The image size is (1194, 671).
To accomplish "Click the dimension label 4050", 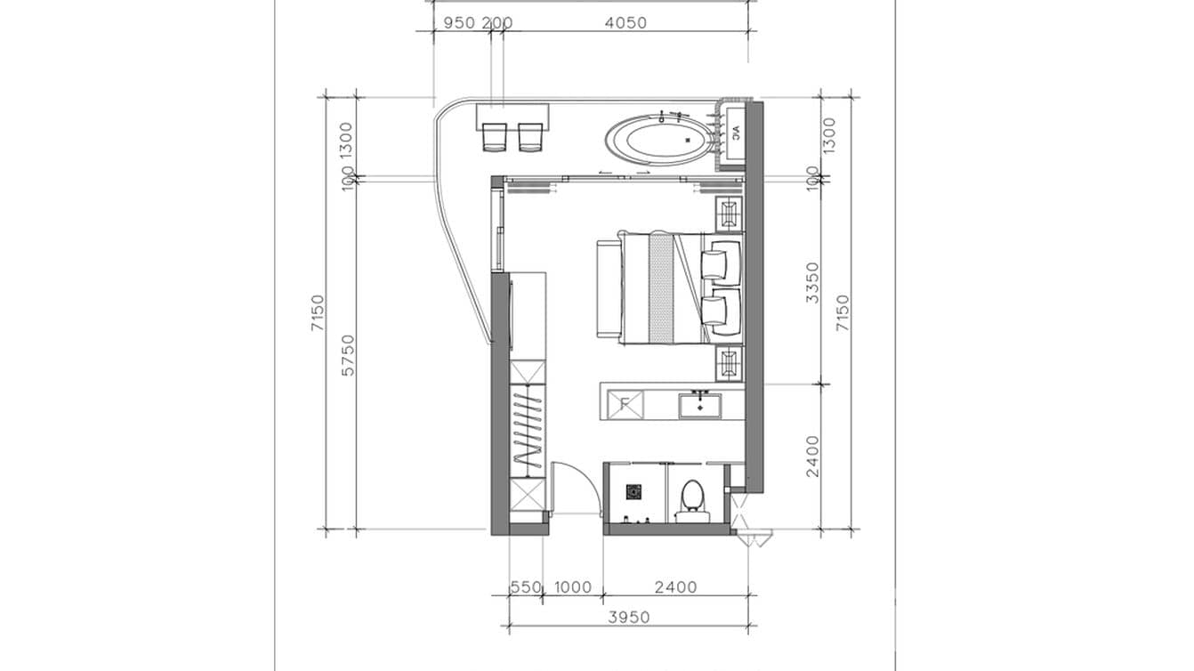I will (625, 23).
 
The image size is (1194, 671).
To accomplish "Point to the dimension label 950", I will (459, 23).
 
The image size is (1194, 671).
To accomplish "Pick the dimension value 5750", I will (348, 354).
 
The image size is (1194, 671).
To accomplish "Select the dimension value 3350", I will (812, 282).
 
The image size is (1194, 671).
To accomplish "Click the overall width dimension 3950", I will (628, 617).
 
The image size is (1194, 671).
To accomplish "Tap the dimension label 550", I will (525, 587).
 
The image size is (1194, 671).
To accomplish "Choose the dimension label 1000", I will (572, 587).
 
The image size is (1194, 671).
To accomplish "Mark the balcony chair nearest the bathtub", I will (531, 137).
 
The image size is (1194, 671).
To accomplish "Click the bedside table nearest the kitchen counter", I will (729, 363).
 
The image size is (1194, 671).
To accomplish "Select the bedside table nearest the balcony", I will (729, 214).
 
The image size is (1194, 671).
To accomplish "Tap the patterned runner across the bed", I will (660, 287).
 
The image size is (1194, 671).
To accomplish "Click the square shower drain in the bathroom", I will (633, 490).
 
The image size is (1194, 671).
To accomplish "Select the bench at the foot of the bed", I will (605, 287).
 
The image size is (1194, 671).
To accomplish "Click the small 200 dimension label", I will (496, 23).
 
